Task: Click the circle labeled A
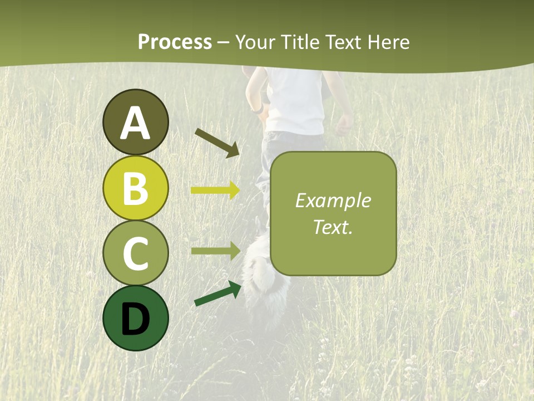pyautogui.click(x=135, y=122)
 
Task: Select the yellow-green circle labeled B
pyautogui.click(x=135, y=188)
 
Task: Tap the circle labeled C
pyautogui.click(x=135, y=253)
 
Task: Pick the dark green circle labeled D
pyautogui.click(x=135, y=318)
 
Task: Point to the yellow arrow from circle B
pyautogui.click(x=215, y=190)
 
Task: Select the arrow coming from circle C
pyautogui.click(x=215, y=251)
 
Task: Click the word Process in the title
pyautogui.click(x=175, y=42)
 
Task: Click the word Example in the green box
pyautogui.click(x=333, y=201)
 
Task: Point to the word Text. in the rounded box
pyautogui.click(x=333, y=227)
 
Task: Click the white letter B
pyautogui.click(x=135, y=188)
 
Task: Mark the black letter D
pyautogui.click(x=135, y=319)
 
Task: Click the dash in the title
pyautogui.click(x=223, y=43)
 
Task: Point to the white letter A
pyautogui.click(x=135, y=123)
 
